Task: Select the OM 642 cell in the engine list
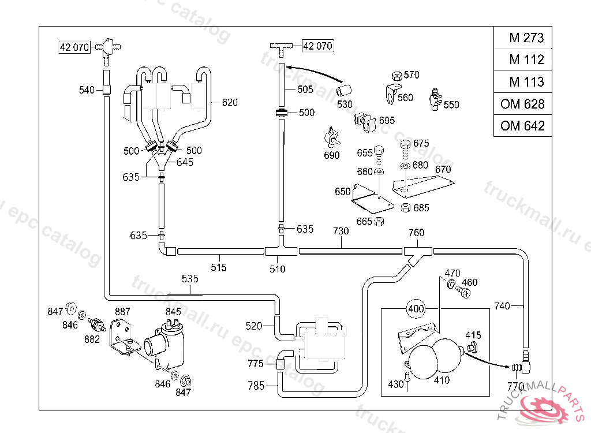(523, 125)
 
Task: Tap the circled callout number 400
(416, 308)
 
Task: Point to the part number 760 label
(416, 233)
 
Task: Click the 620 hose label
(230, 103)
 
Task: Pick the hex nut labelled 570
(397, 75)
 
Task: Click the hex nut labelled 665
(379, 221)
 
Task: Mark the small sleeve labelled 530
(345, 90)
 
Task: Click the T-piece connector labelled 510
(280, 251)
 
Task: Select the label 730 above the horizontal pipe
(341, 231)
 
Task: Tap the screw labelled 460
(463, 292)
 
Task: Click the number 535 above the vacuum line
(190, 279)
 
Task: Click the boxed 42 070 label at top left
(74, 47)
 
